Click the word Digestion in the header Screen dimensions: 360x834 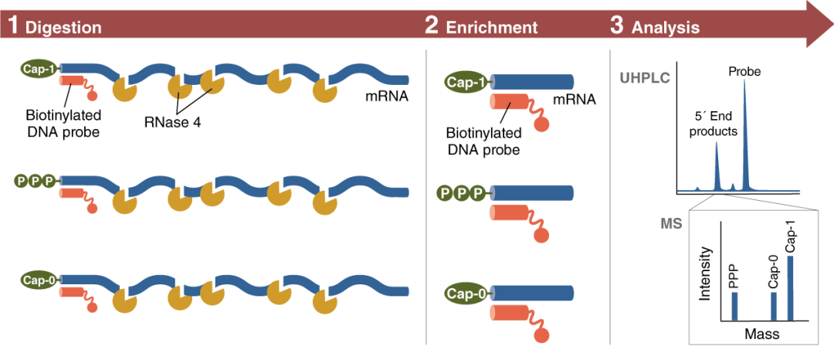63,28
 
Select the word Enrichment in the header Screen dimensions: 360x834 491,28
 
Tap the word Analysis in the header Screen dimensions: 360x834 665,28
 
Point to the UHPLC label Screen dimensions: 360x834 644,78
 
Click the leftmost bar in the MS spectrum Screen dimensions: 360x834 734,305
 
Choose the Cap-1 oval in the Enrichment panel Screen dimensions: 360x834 467,83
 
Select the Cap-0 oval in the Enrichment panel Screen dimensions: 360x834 467,294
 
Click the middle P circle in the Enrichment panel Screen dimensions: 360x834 461,192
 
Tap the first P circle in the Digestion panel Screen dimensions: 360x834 21,181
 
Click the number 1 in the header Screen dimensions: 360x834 12,26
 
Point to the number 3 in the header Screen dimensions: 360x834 616,26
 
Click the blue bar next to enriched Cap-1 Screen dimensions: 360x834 533,82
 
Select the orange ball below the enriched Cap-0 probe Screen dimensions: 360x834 541,336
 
